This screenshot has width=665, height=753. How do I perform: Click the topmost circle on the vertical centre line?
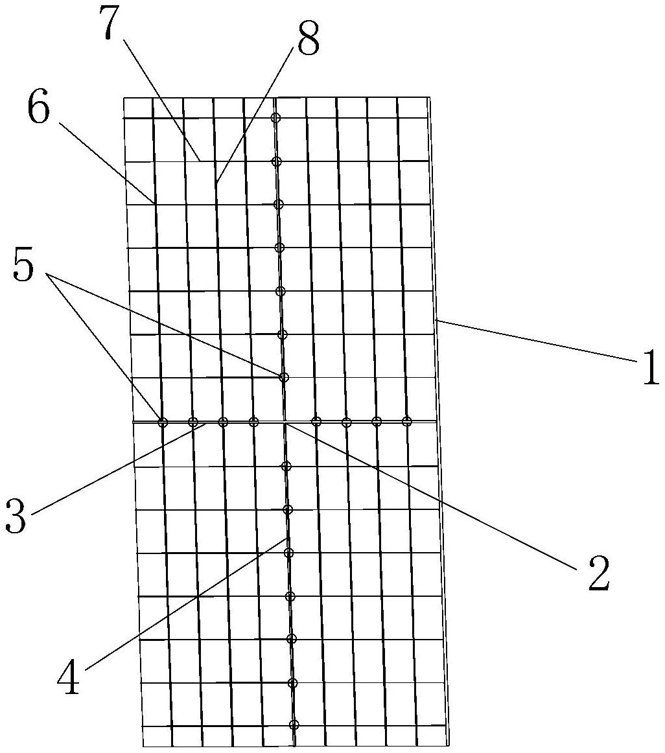pyautogui.click(x=275, y=118)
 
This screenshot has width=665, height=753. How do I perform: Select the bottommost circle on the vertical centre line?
pyautogui.click(x=294, y=724)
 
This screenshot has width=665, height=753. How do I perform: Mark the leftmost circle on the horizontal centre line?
pyautogui.click(x=163, y=423)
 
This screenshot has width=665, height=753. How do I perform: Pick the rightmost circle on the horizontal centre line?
pyautogui.click(x=406, y=422)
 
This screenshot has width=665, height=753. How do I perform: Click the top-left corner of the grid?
pyautogui.click(x=124, y=98)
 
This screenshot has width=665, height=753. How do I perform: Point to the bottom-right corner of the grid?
pyautogui.click(x=449, y=745)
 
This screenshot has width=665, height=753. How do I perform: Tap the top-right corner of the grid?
pyautogui.click(x=428, y=97)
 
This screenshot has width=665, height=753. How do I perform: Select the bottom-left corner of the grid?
pyautogui.click(x=143, y=747)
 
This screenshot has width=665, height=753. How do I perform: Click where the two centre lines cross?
pyautogui.click(x=285, y=423)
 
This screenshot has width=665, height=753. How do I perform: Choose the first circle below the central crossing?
pyautogui.click(x=286, y=466)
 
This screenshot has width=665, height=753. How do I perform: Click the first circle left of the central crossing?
pyautogui.click(x=253, y=423)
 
